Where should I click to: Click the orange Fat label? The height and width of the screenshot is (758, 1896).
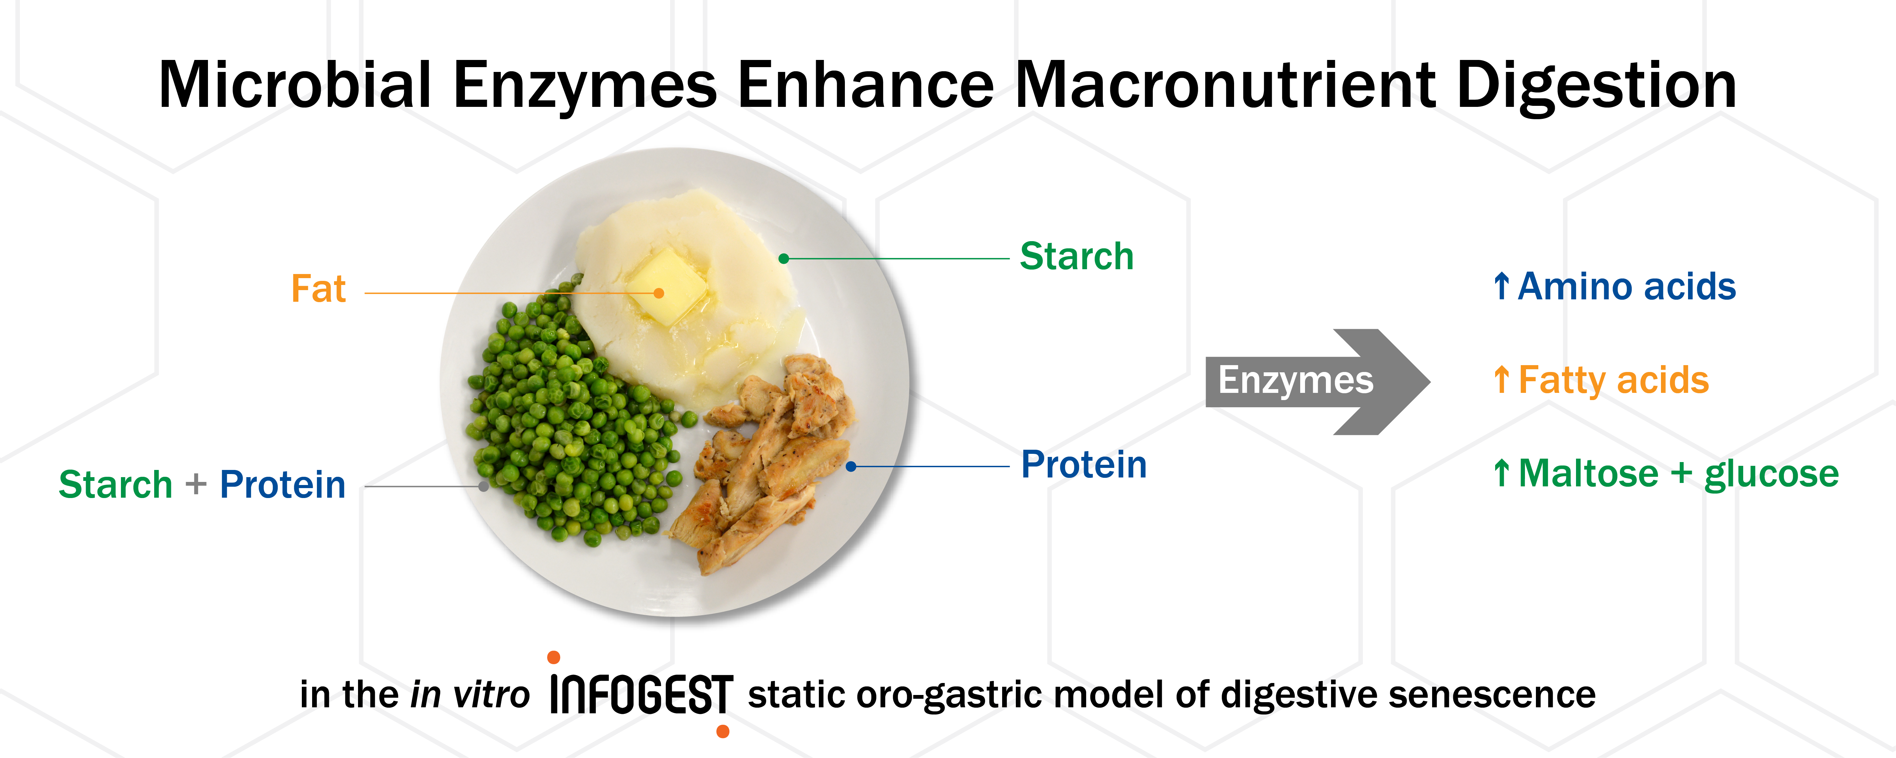coord(318,288)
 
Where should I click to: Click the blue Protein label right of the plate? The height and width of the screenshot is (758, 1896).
coord(1083,465)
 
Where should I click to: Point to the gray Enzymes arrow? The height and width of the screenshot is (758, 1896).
coord(1317,381)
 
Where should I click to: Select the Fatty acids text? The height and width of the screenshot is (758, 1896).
coord(1613,381)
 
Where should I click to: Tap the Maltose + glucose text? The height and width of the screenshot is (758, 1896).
coord(1678,473)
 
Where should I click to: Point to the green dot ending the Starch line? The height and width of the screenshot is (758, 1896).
coord(784,258)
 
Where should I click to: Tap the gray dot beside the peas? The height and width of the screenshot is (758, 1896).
coord(483,486)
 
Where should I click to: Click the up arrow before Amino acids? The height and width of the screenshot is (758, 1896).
coord(1502,286)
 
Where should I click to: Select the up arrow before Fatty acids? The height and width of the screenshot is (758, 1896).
coord(1502,380)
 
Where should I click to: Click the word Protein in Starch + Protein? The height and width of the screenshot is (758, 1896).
coord(283,485)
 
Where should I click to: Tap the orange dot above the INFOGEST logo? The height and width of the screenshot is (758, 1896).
coord(554,657)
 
